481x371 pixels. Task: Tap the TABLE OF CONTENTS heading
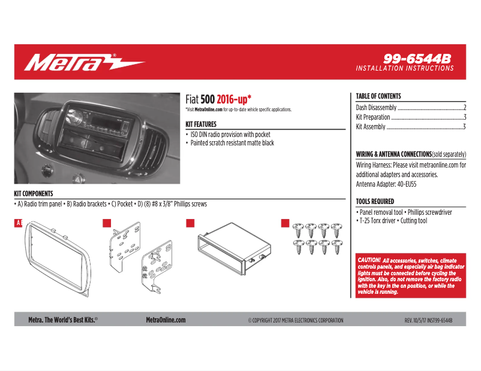click(x=378, y=96)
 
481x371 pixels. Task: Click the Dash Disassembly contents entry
click(x=376, y=108)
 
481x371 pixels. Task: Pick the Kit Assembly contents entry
click(x=371, y=127)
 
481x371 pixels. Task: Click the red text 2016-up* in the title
click(x=234, y=99)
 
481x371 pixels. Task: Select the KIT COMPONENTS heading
click(x=34, y=194)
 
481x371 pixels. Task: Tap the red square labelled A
click(x=18, y=223)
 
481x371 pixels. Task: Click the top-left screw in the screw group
click(x=299, y=229)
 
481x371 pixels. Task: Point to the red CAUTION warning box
click(x=411, y=276)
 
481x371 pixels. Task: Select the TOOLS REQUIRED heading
click(x=375, y=202)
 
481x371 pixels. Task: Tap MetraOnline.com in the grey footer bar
click(x=166, y=320)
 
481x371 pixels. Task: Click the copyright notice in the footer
click(x=296, y=321)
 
